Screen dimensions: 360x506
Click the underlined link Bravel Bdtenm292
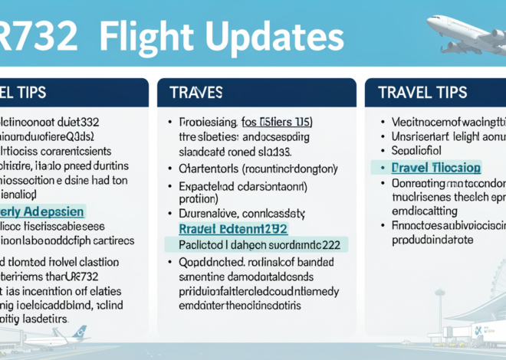pos(232,228)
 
